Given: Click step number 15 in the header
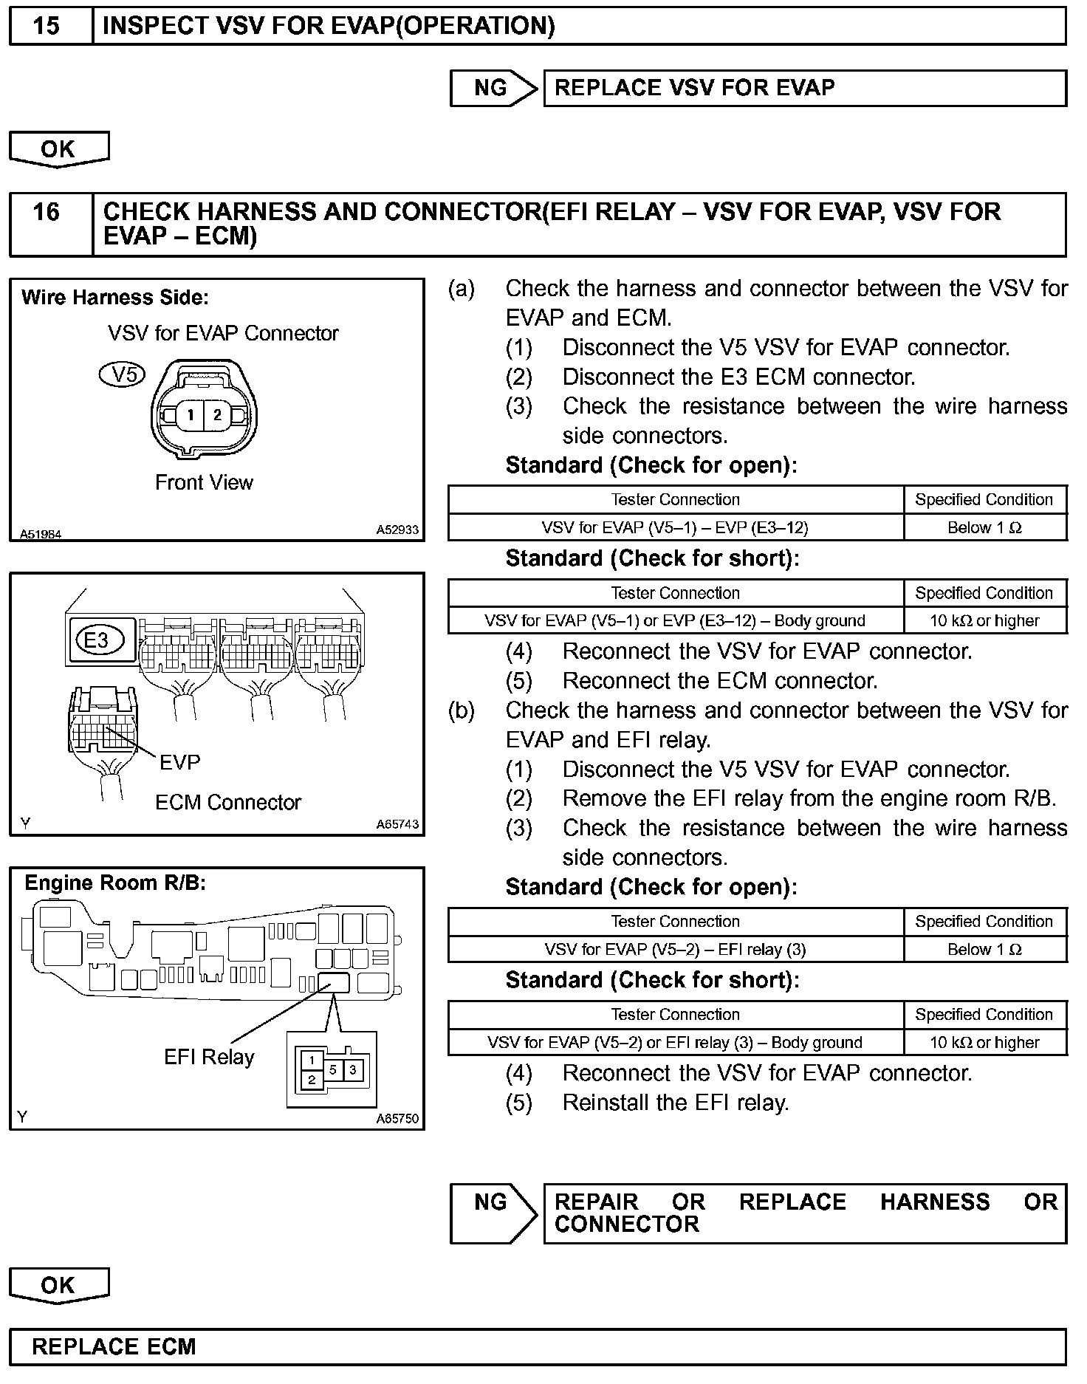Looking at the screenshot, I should pos(47,26).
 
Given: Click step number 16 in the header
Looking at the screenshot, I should pos(47,212).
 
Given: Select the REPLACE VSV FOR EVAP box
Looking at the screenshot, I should pos(805,88).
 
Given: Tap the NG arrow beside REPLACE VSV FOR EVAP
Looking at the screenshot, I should pos(493,88).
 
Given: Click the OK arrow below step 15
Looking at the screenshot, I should pos(58,148).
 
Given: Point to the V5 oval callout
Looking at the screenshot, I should pos(123,375).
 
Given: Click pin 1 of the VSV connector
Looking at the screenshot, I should pos(190,415).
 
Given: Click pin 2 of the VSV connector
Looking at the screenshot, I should pos(217,415).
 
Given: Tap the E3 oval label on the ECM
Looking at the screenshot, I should pos(97,640).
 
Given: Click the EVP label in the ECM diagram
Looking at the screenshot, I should pos(180,762).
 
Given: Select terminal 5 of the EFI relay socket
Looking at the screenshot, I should pos(333,1069).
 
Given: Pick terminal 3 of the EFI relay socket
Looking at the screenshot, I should pos(353,1069).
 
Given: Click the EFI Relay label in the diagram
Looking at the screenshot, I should pos(209,1057).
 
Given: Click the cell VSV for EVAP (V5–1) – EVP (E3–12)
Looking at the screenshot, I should pos(675,527).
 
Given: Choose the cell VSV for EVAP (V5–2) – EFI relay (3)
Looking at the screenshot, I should pos(675,949).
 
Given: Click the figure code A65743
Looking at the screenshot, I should pos(397,824).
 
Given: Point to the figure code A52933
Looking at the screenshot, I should pos(397,530).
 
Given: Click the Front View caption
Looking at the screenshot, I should pos(204,482).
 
